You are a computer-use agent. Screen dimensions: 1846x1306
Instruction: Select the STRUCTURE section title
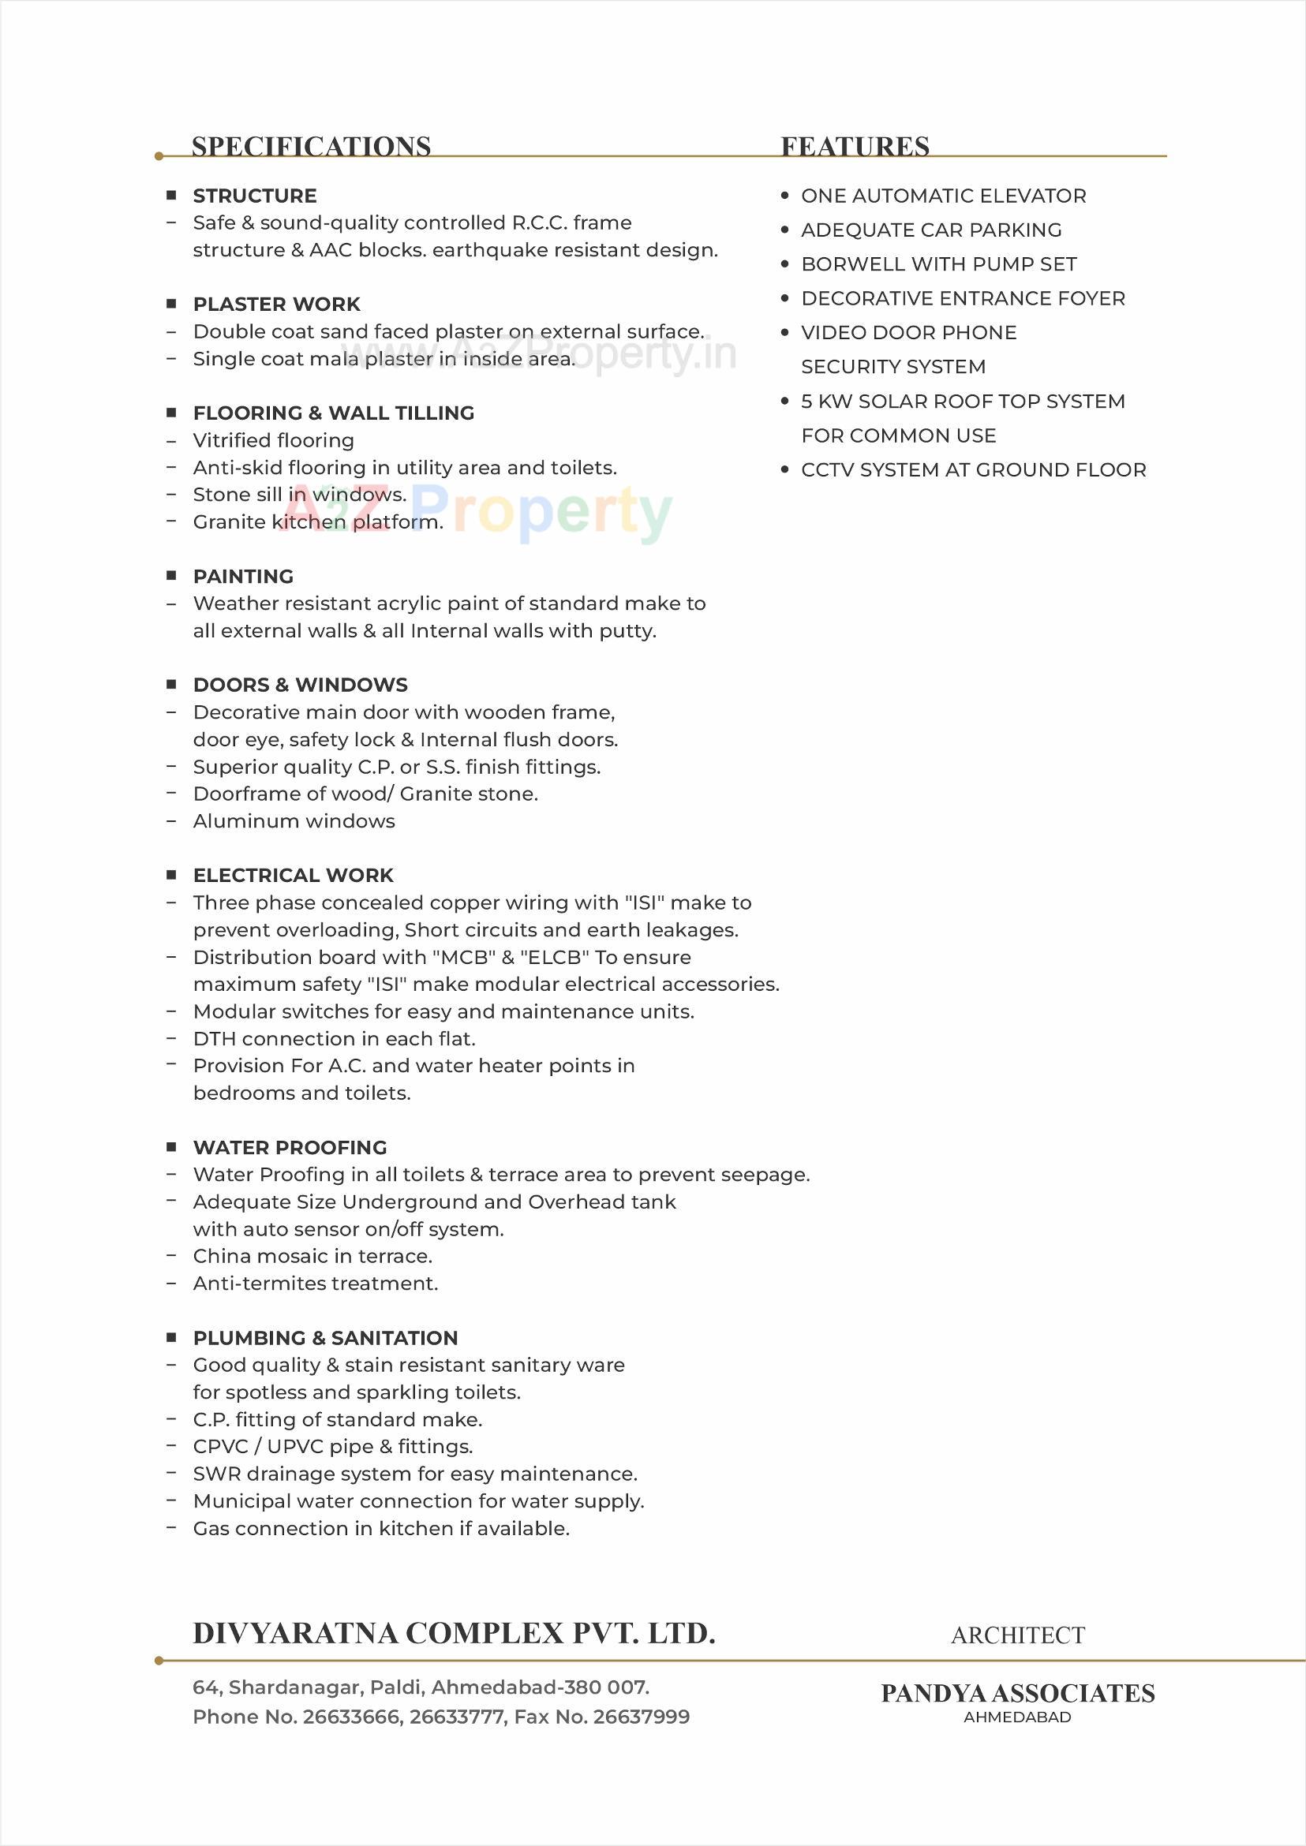point(254,196)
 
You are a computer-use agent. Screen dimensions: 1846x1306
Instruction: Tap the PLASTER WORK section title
point(277,305)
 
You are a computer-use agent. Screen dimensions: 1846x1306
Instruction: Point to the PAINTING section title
point(243,577)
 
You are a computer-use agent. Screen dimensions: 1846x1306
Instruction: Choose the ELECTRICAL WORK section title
point(293,876)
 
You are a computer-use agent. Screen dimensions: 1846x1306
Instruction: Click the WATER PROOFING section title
point(290,1147)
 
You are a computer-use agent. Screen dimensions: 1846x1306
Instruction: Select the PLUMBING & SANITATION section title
point(325,1338)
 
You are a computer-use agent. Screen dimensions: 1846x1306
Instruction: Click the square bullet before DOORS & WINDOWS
point(171,685)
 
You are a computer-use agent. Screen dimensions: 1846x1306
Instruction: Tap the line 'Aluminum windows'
point(294,821)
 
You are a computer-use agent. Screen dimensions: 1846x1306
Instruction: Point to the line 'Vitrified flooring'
point(273,441)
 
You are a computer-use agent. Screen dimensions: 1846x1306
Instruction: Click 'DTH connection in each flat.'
point(334,1039)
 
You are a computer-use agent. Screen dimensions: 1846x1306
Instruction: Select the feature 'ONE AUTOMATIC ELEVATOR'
point(943,196)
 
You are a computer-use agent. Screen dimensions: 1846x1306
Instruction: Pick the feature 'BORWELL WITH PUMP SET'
point(938,264)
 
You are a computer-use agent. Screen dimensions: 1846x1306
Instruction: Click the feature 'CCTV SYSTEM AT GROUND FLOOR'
point(973,469)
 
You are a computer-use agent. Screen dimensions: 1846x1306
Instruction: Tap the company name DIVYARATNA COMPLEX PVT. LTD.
point(454,1634)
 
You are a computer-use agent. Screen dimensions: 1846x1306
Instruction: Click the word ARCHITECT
point(1017,1635)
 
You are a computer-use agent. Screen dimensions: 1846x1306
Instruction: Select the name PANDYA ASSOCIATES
point(1017,1693)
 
